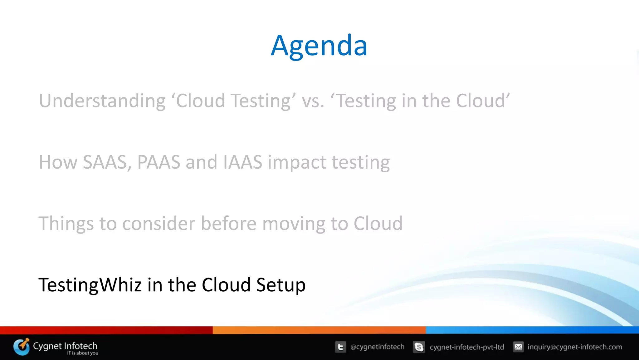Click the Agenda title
click(x=319, y=46)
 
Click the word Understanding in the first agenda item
click(x=102, y=101)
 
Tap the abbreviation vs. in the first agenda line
click(x=313, y=101)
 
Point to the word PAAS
click(x=159, y=162)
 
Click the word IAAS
click(x=243, y=162)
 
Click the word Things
click(x=66, y=224)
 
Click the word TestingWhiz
click(x=90, y=285)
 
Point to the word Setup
click(x=281, y=285)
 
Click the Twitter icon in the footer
click(x=340, y=347)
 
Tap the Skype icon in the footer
click(x=419, y=347)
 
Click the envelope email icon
click(x=518, y=347)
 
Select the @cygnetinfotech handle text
click(x=377, y=347)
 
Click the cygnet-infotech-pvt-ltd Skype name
click(x=467, y=347)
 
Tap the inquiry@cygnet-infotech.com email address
click(x=575, y=347)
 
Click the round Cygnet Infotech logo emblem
click(x=21, y=347)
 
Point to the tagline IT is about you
click(x=83, y=353)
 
